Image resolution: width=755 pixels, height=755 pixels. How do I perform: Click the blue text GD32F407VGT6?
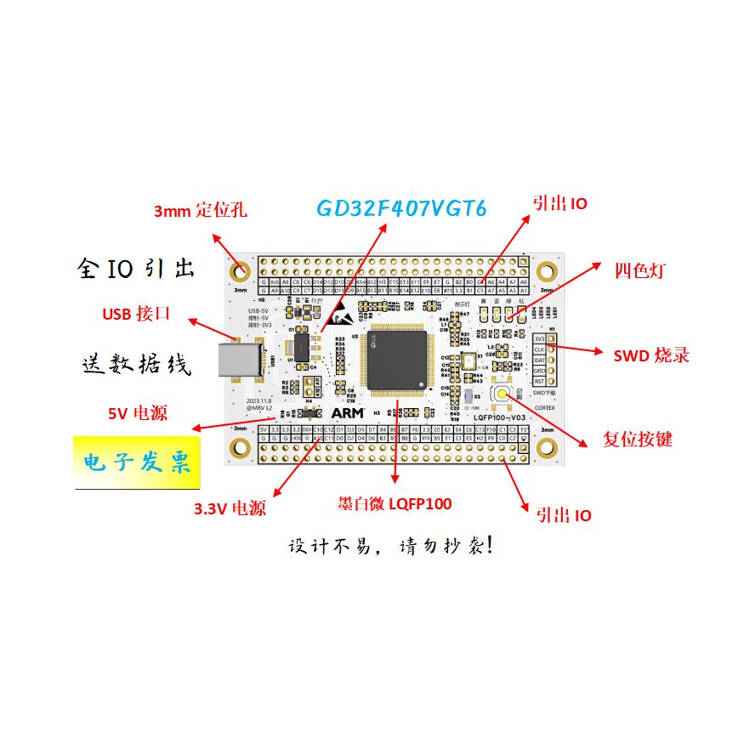(x=402, y=209)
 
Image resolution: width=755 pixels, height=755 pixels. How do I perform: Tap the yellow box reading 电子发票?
(x=137, y=463)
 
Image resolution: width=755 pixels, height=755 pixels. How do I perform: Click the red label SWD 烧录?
(x=651, y=355)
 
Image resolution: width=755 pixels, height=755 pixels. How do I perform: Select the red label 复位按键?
(x=637, y=440)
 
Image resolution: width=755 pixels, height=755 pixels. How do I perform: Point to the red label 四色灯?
(x=639, y=271)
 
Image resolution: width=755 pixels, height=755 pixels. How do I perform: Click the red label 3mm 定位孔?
(x=200, y=210)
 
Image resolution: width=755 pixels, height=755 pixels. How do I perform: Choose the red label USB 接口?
(x=137, y=315)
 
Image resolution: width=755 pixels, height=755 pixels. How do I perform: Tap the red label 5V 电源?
(x=137, y=414)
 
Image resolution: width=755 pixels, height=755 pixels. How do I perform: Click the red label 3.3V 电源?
(x=230, y=509)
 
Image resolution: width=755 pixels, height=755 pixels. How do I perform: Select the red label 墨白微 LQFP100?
(x=395, y=503)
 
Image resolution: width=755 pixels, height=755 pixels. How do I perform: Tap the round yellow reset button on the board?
(x=505, y=395)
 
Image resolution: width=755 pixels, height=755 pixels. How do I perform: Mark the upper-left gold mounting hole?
(x=241, y=272)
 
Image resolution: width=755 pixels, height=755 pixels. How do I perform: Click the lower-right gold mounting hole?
(x=548, y=449)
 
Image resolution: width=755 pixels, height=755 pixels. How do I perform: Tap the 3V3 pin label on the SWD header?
(x=539, y=338)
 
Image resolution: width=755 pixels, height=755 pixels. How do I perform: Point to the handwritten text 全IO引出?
(x=136, y=269)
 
